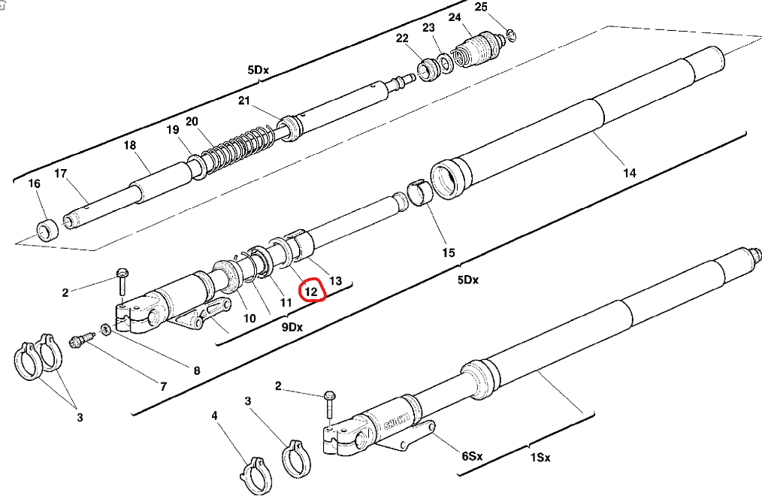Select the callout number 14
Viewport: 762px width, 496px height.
[629, 173]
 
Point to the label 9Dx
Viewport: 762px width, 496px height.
[292, 327]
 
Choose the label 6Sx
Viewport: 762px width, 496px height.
[472, 456]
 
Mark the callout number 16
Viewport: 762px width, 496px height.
[34, 184]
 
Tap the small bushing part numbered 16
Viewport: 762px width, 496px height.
[48, 229]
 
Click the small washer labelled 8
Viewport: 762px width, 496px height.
[105, 330]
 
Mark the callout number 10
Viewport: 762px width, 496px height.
[247, 318]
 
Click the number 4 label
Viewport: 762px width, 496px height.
[215, 415]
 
